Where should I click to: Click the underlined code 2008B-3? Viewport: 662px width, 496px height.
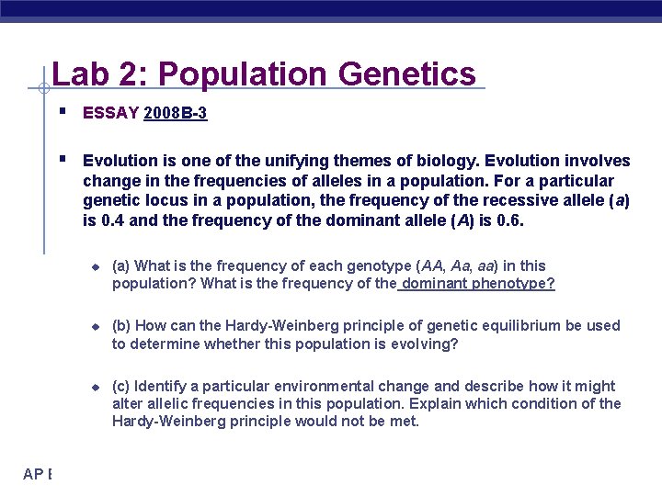[x=176, y=113]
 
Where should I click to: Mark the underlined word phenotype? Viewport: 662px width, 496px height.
[x=513, y=283]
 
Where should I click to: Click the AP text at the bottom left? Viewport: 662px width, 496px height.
[x=35, y=474]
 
